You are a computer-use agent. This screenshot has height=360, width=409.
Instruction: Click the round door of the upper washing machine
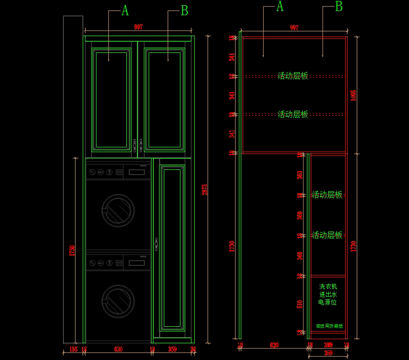pyautogui.click(x=118, y=210)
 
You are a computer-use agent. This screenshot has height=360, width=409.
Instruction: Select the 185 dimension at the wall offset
pyautogui.click(x=73, y=349)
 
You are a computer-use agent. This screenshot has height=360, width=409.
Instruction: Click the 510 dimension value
pyautogui.click(x=300, y=304)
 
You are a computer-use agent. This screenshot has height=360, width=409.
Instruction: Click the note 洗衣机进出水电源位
pyautogui.click(x=328, y=294)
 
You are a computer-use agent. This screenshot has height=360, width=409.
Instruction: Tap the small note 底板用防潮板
pyautogui.click(x=329, y=326)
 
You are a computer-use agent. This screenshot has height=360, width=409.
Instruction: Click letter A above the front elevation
pyautogui.click(x=125, y=11)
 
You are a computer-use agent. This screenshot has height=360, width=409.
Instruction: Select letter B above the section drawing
pyautogui.click(x=338, y=6)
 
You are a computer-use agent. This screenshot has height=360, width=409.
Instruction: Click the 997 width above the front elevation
pyautogui.click(x=138, y=27)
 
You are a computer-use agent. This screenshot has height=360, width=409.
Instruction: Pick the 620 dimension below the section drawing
pyautogui.click(x=274, y=345)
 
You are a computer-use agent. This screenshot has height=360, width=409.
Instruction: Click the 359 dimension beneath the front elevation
pyautogui.click(x=172, y=349)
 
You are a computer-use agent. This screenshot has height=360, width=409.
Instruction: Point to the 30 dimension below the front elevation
pyautogui.click(x=193, y=349)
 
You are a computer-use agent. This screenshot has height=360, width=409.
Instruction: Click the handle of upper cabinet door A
pyautogui.click(x=135, y=145)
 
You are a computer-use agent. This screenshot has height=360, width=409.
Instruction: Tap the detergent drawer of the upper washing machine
pyautogui.click(x=136, y=172)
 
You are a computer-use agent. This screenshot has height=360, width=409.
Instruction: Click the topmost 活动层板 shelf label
pyautogui.click(x=293, y=76)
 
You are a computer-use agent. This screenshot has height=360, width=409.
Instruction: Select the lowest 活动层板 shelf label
pyautogui.click(x=327, y=235)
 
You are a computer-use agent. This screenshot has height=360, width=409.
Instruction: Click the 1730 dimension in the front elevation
pyautogui.click(x=72, y=251)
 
